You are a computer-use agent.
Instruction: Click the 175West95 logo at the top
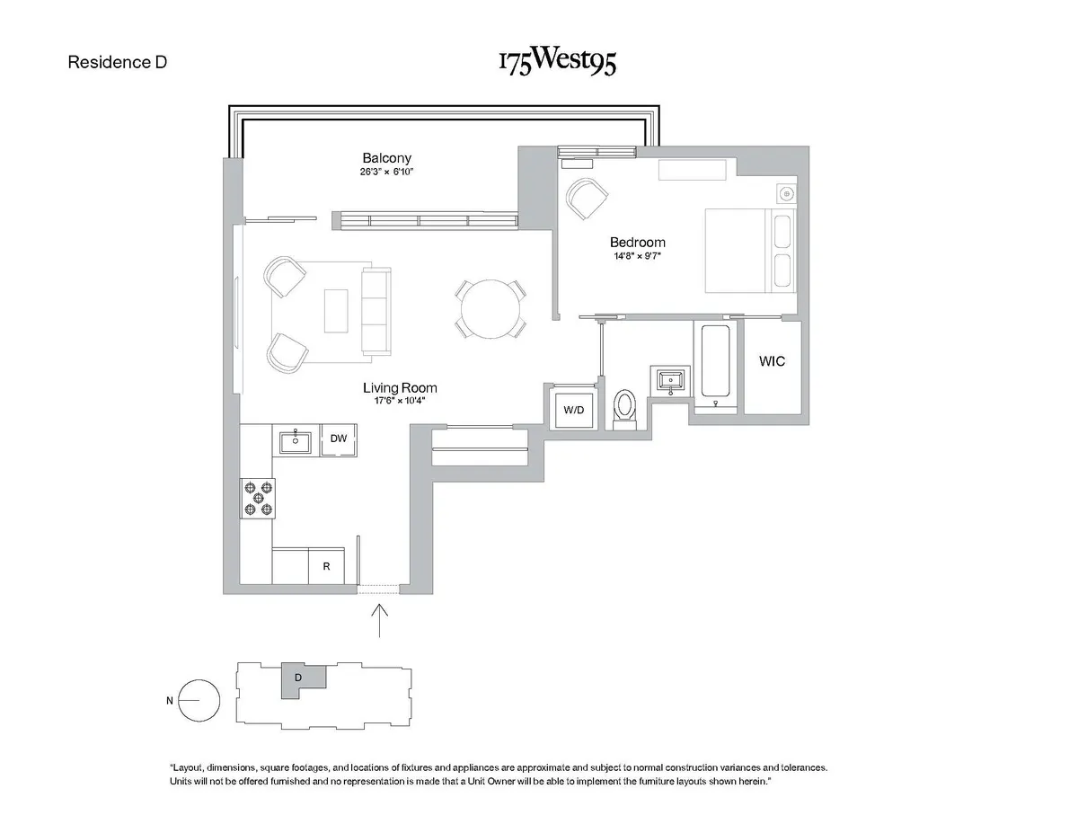coord(557,63)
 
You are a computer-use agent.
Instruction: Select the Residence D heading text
coord(118,63)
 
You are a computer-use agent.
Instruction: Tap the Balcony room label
coord(386,158)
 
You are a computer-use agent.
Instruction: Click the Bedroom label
coord(637,242)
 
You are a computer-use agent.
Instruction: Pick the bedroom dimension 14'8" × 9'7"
coord(637,256)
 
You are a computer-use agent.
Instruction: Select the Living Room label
coord(400,388)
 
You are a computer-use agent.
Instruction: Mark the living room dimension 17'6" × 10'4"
coord(400,402)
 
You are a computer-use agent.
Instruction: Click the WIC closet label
coord(772,361)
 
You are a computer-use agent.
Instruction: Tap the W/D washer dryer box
coord(573,411)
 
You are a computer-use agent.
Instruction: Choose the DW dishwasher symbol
coord(339,439)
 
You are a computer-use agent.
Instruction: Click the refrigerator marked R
coord(327,567)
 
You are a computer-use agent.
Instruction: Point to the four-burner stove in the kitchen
coord(258,499)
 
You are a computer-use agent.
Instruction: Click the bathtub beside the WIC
coord(715,361)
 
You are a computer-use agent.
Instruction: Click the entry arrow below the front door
coord(381,620)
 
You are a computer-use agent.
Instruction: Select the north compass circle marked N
coord(199,700)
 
